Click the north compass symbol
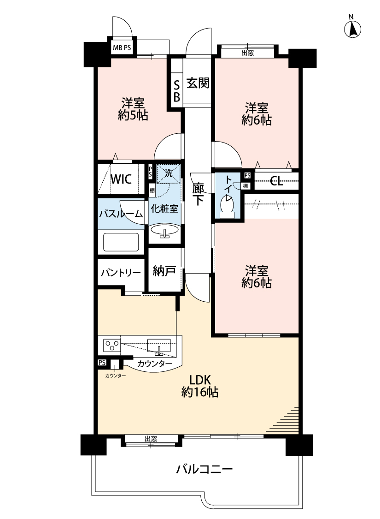pyautogui.click(x=352, y=29)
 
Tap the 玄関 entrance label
pyautogui.click(x=198, y=83)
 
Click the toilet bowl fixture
pyautogui.click(x=228, y=205)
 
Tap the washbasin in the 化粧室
pyautogui.click(x=164, y=230)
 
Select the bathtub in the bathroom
pyautogui.click(x=121, y=242)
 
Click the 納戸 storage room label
pyautogui.click(x=164, y=271)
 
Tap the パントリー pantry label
pyautogui.click(x=121, y=272)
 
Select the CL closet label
pyautogui.click(x=276, y=180)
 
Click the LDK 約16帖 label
pyautogui.click(x=199, y=386)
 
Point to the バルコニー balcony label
pyautogui.click(x=205, y=470)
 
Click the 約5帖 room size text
pyautogui.click(x=133, y=116)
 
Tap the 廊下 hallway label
pyautogui.click(x=198, y=194)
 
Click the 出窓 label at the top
pyautogui.click(x=247, y=53)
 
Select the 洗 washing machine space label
pyautogui.click(x=169, y=173)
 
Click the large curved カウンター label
pyautogui.click(x=155, y=364)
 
